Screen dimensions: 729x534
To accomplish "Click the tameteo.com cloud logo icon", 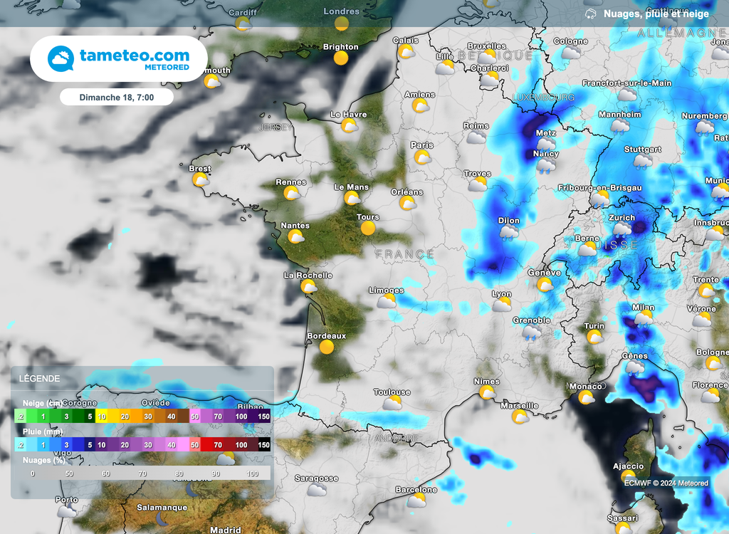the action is click(x=62, y=59).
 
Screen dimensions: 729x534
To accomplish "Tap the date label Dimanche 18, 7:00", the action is click(x=116, y=97).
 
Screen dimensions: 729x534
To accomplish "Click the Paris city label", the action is click(x=421, y=145).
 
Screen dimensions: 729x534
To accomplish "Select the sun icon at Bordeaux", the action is click(x=327, y=347).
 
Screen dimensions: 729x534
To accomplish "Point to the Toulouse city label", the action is click(x=392, y=392).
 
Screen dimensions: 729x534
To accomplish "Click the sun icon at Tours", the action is click(x=368, y=229).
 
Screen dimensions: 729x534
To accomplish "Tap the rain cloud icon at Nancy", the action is click(x=546, y=166).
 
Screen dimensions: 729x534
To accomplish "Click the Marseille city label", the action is click(x=519, y=406).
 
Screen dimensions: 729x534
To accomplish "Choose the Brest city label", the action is click(x=199, y=169).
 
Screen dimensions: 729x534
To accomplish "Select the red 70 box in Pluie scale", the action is click(x=219, y=445).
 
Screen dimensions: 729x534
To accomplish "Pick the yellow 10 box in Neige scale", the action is click(x=102, y=417).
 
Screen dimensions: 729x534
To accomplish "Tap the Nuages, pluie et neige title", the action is click(x=656, y=14).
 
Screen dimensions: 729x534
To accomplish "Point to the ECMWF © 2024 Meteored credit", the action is click(x=666, y=483).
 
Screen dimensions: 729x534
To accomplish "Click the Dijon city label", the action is click(x=509, y=221).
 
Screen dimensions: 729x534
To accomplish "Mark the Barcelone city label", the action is click(x=416, y=490).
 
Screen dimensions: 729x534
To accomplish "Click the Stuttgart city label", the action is click(x=642, y=150).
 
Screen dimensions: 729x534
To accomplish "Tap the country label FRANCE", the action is click(x=404, y=254).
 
